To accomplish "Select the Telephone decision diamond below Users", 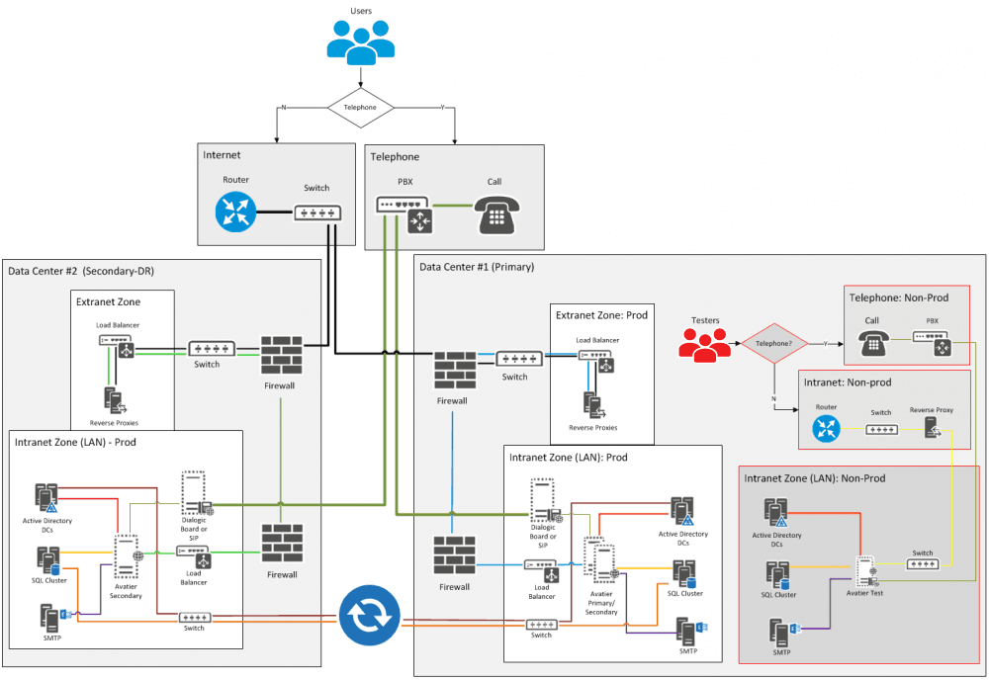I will click(x=360, y=107).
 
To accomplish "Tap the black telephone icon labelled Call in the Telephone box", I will click(x=495, y=213).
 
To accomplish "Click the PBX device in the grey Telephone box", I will click(x=404, y=214).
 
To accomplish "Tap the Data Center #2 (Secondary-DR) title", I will click(x=78, y=271).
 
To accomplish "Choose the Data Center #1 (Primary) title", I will click(x=476, y=267).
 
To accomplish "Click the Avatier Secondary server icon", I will click(x=127, y=556).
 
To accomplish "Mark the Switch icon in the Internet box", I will click(x=316, y=212).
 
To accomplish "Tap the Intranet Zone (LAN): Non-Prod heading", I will click(x=814, y=478).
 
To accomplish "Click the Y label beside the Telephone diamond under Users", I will click(x=441, y=108).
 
